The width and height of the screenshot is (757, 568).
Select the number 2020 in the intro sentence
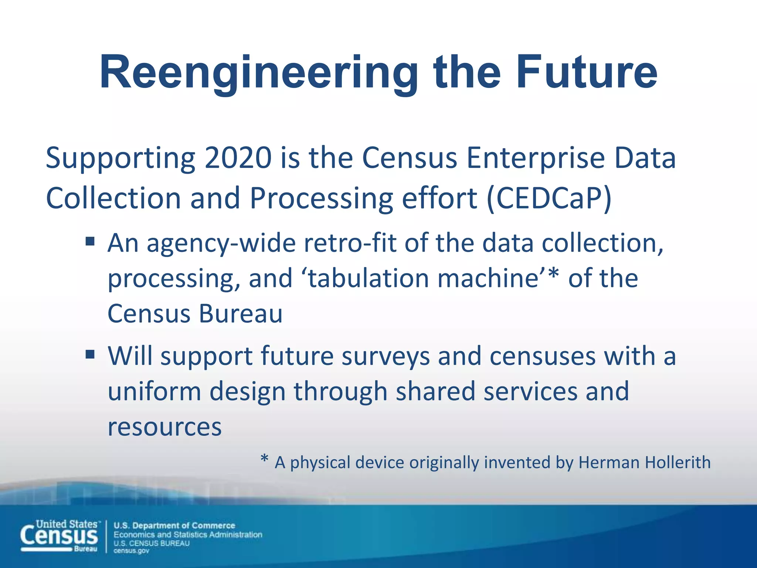click(x=238, y=158)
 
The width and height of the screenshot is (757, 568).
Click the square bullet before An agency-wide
click(x=90, y=242)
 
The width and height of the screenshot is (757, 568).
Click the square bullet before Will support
click(x=90, y=355)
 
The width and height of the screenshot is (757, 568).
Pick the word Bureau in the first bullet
click(x=241, y=314)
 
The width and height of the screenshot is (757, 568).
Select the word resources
click(x=164, y=427)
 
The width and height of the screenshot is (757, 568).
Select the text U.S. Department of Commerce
click(x=174, y=525)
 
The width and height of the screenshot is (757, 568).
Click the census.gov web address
click(x=131, y=551)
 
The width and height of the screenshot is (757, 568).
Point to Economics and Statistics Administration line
click(x=188, y=534)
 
